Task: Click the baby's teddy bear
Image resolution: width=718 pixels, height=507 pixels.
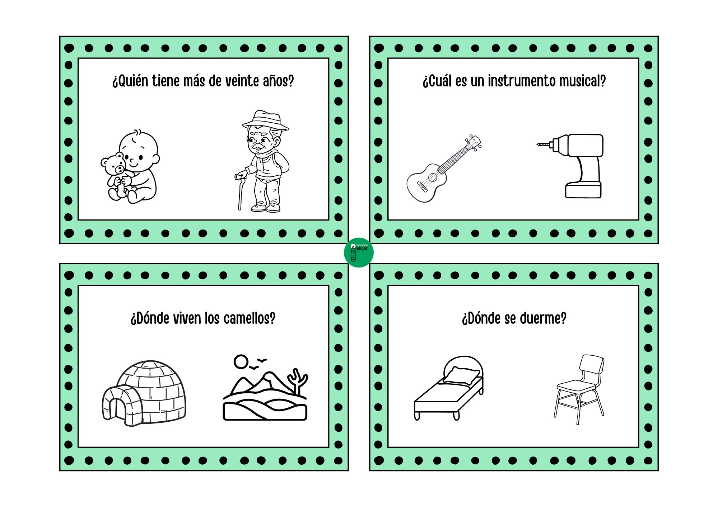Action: (116, 176)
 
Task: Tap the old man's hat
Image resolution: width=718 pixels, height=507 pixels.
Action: (266, 120)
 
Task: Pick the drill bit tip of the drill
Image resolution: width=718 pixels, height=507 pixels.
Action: (538, 144)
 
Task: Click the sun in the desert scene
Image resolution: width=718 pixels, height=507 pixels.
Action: (241, 362)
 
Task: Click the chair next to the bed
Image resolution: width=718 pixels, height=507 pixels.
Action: (579, 389)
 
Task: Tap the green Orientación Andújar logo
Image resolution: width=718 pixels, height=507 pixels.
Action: (359, 253)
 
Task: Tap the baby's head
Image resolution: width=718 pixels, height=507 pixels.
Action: (139, 151)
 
